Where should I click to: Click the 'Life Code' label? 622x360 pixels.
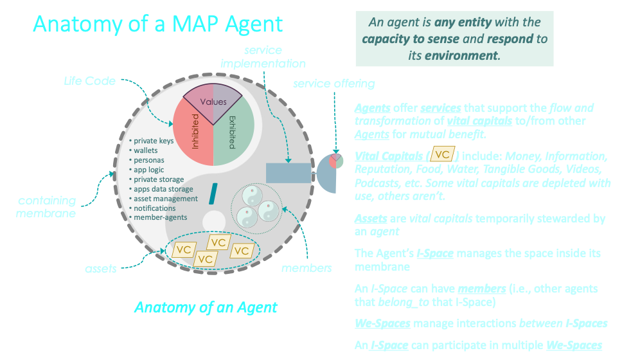tap(90, 81)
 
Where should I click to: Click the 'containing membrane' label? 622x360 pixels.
tap(46, 207)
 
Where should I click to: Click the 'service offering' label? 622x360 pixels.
tap(334, 84)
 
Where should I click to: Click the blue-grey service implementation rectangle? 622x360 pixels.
tap(289, 173)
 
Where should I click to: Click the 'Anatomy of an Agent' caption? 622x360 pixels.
tap(206, 307)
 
